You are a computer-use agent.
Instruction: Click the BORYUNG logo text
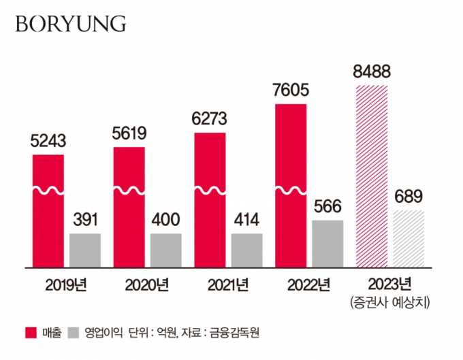70,24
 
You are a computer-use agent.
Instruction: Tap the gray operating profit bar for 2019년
85,250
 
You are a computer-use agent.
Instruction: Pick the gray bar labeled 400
166,250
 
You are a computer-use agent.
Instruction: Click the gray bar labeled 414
246,250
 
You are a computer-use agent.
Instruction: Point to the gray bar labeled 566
328,243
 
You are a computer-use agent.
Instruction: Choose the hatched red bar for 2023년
371,176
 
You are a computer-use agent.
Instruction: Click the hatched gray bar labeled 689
409,238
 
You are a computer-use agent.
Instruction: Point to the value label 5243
48,142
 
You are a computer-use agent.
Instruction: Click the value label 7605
291,91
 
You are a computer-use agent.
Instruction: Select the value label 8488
371,72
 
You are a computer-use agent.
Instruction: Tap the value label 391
85,220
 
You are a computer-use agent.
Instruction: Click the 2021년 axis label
227,284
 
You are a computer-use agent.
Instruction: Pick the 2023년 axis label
389,284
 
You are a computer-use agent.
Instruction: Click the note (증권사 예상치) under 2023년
390,300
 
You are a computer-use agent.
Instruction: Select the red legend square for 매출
31,333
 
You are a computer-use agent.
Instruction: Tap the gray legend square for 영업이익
74,333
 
